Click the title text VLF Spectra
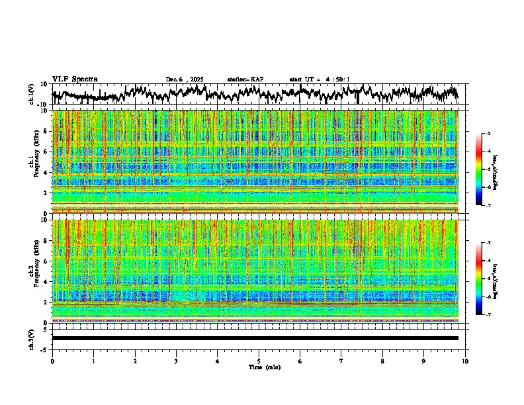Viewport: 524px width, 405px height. [x=75, y=79]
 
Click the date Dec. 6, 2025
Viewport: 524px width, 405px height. [x=185, y=79]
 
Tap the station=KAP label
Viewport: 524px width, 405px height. [x=245, y=79]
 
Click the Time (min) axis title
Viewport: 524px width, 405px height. [x=264, y=367]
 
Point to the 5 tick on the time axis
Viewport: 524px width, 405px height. [x=259, y=361]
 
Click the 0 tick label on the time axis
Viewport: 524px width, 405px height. [x=52, y=361]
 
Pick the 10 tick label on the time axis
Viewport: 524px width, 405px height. [x=465, y=361]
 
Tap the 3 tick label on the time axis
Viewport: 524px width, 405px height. [x=176, y=361]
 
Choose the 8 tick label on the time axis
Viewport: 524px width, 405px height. [x=382, y=361]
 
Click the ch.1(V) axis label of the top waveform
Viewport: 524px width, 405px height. [x=32, y=94]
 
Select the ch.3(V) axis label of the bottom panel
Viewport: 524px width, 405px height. [x=32, y=338]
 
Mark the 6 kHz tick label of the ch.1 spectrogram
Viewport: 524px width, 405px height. [x=47, y=152]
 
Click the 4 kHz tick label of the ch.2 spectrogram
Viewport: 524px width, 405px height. [x=47, y=282]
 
